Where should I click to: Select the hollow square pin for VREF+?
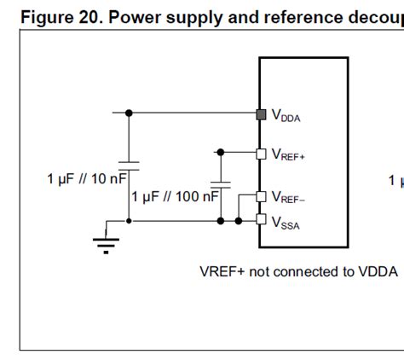point(262,154)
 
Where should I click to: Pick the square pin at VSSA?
point(262,220)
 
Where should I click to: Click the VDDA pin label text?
point(286,116)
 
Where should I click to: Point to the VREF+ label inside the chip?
point(287,155)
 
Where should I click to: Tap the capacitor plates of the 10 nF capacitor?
point(129,163)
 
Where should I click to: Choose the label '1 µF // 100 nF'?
point(175,196)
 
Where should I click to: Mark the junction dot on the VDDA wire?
point(129,113)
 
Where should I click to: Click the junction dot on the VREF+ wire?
point(221,153)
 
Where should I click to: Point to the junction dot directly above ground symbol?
point(129,220)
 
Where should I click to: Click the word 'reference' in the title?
point(289,17)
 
